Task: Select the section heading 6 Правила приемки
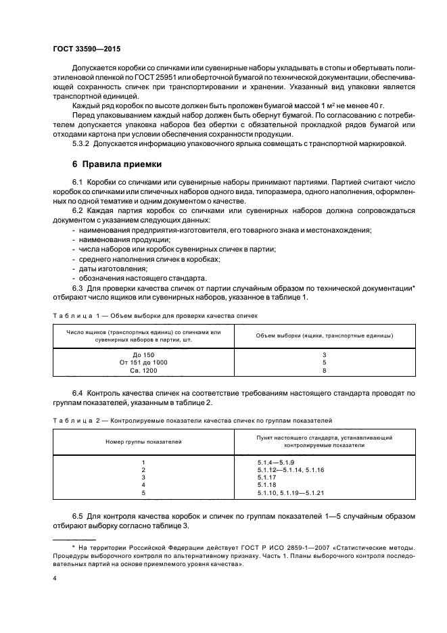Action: coord(116,164)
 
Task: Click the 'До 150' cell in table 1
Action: coord(144,354)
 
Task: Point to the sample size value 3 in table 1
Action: coord(325,354)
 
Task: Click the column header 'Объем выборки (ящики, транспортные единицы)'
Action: coord(325,335)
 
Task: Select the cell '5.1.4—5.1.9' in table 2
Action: coord(273,461)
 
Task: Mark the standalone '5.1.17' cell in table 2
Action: coord(266,477)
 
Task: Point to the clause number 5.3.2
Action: coord(82,143)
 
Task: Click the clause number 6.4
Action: coord(78,392)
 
